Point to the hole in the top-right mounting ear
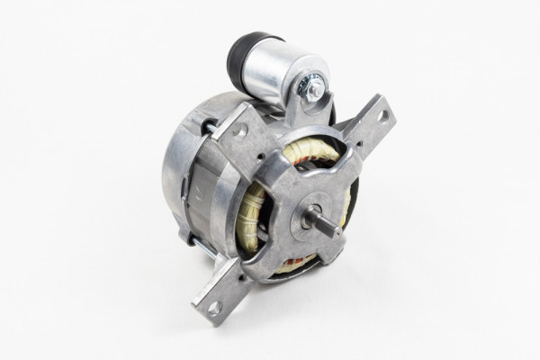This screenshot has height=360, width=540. click(382, 116)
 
